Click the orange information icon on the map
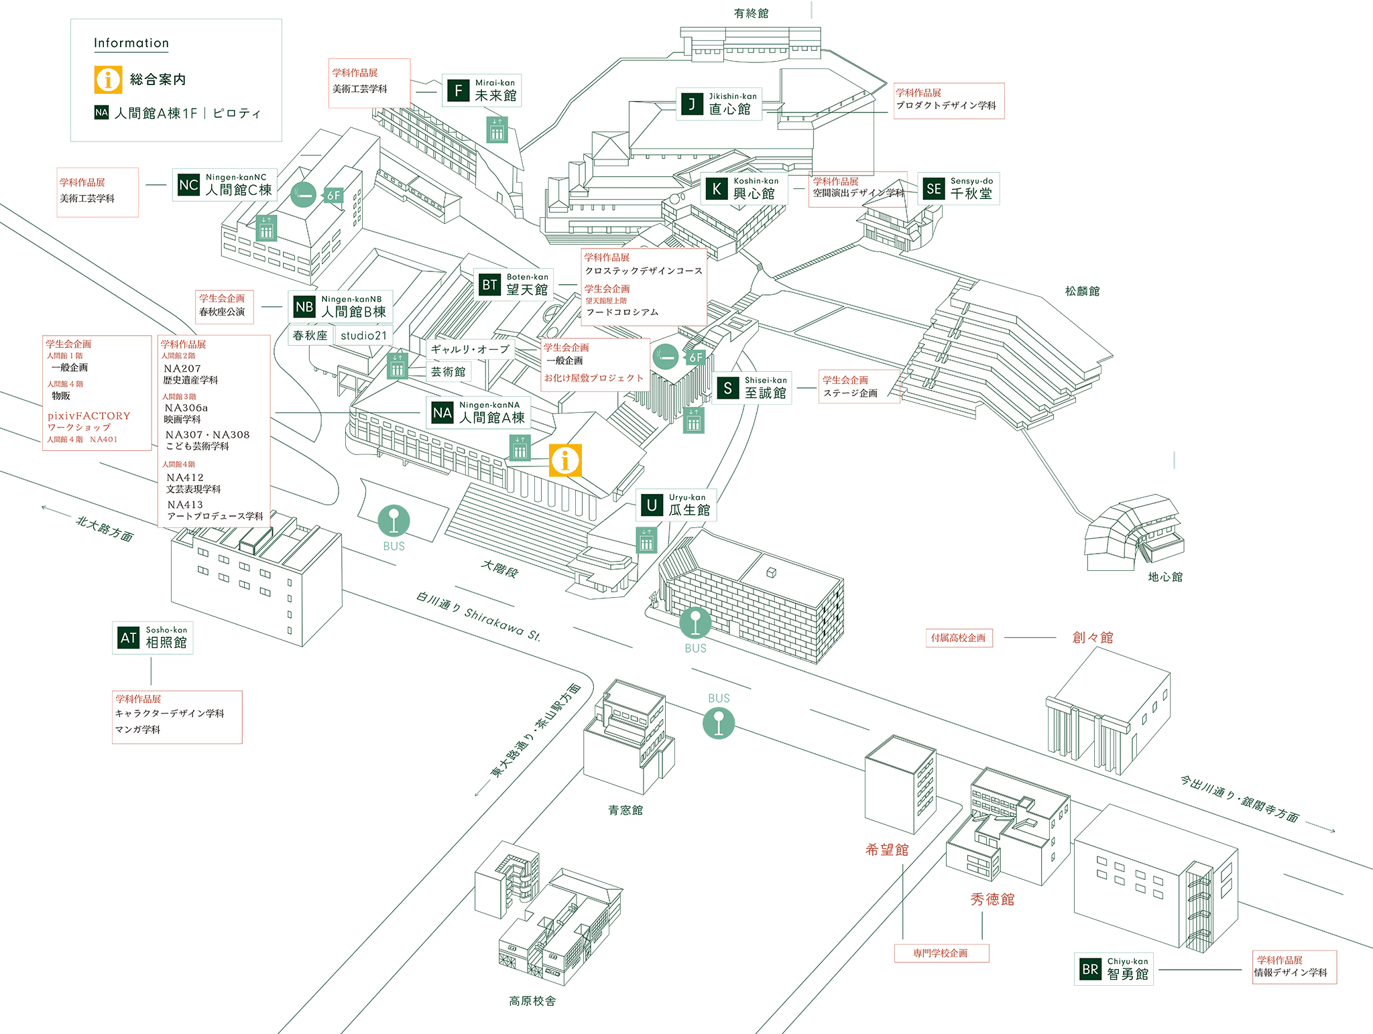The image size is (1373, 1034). pyautogui.click(x=565, y=460)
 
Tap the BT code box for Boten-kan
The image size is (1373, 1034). pyautogui.click(x=490, y=285)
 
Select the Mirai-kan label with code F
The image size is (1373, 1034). pyautogui.click(x=481, y=90)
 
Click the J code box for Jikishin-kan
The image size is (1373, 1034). pyautogui.click(x=692, y=104)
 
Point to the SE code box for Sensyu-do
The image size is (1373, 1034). pyautogui.click(x=933, y=189)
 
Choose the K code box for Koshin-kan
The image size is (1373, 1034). pyautogui.click(x=717, y=189)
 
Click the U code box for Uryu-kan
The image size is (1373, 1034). pyautogui.click(x=651, y=505)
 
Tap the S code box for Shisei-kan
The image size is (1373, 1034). pyautogui.click(x=727, y=388)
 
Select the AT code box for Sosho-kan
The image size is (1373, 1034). pyautogui.click(x=128, y=638)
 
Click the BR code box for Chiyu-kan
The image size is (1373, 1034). pyautogui.click(x=1090, y=969)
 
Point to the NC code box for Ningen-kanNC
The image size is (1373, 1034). pyautogui.click(x=188, y=185)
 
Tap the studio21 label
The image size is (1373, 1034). pyautogui.click(x=363, y=335)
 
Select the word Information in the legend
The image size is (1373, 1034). pyautogui.click(x=131, y=43)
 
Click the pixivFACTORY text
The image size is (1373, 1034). pyautogui.click(x=88, y=415)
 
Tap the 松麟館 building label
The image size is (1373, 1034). pyautogui.click(x=1082, y=291)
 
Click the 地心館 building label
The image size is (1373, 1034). pyautogui.click(x=1165, y=576)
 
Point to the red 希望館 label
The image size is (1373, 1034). pyautogui.click(x=887, y=850)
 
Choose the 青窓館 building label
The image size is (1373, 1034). pyautogui.click(x=625, y=810)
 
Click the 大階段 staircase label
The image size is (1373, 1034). pyautogui.click(x=499, y=569)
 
